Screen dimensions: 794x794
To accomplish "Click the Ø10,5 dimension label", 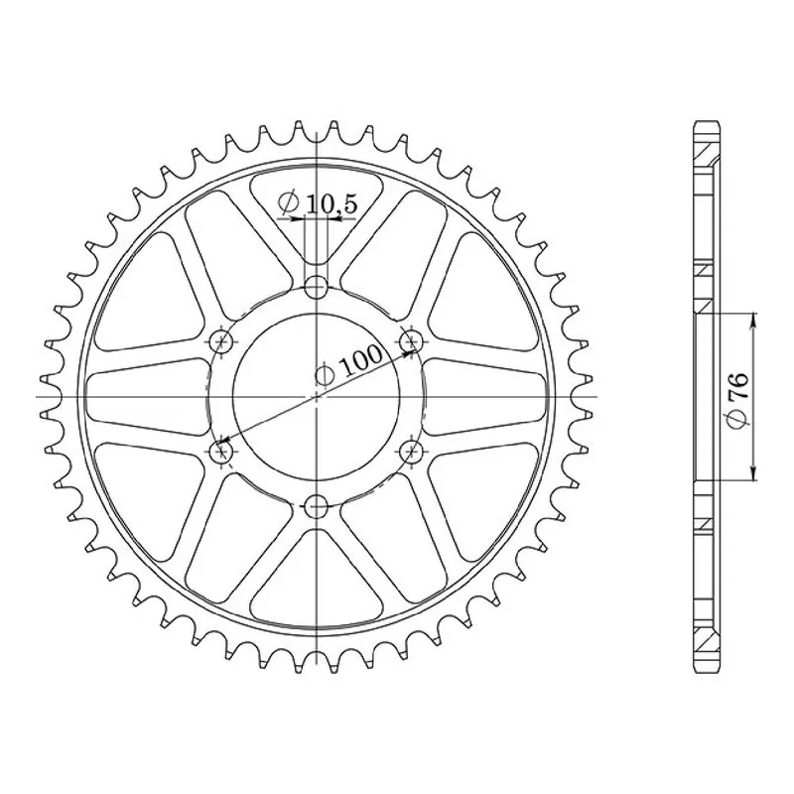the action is click(318, 204).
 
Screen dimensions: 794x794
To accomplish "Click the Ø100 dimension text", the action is click(348, 364).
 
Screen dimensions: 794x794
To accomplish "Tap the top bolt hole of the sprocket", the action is click(317, 287).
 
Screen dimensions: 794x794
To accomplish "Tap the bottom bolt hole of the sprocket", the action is click(317, 506).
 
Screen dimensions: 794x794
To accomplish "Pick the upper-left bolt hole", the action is click(221, 341).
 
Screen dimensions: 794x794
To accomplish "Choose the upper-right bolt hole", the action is click(411, 341).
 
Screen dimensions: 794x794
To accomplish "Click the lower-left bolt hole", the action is click(221, 452).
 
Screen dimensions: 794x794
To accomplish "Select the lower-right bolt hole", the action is click(411, 452).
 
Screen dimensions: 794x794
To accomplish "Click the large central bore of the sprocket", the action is click(317, 396).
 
